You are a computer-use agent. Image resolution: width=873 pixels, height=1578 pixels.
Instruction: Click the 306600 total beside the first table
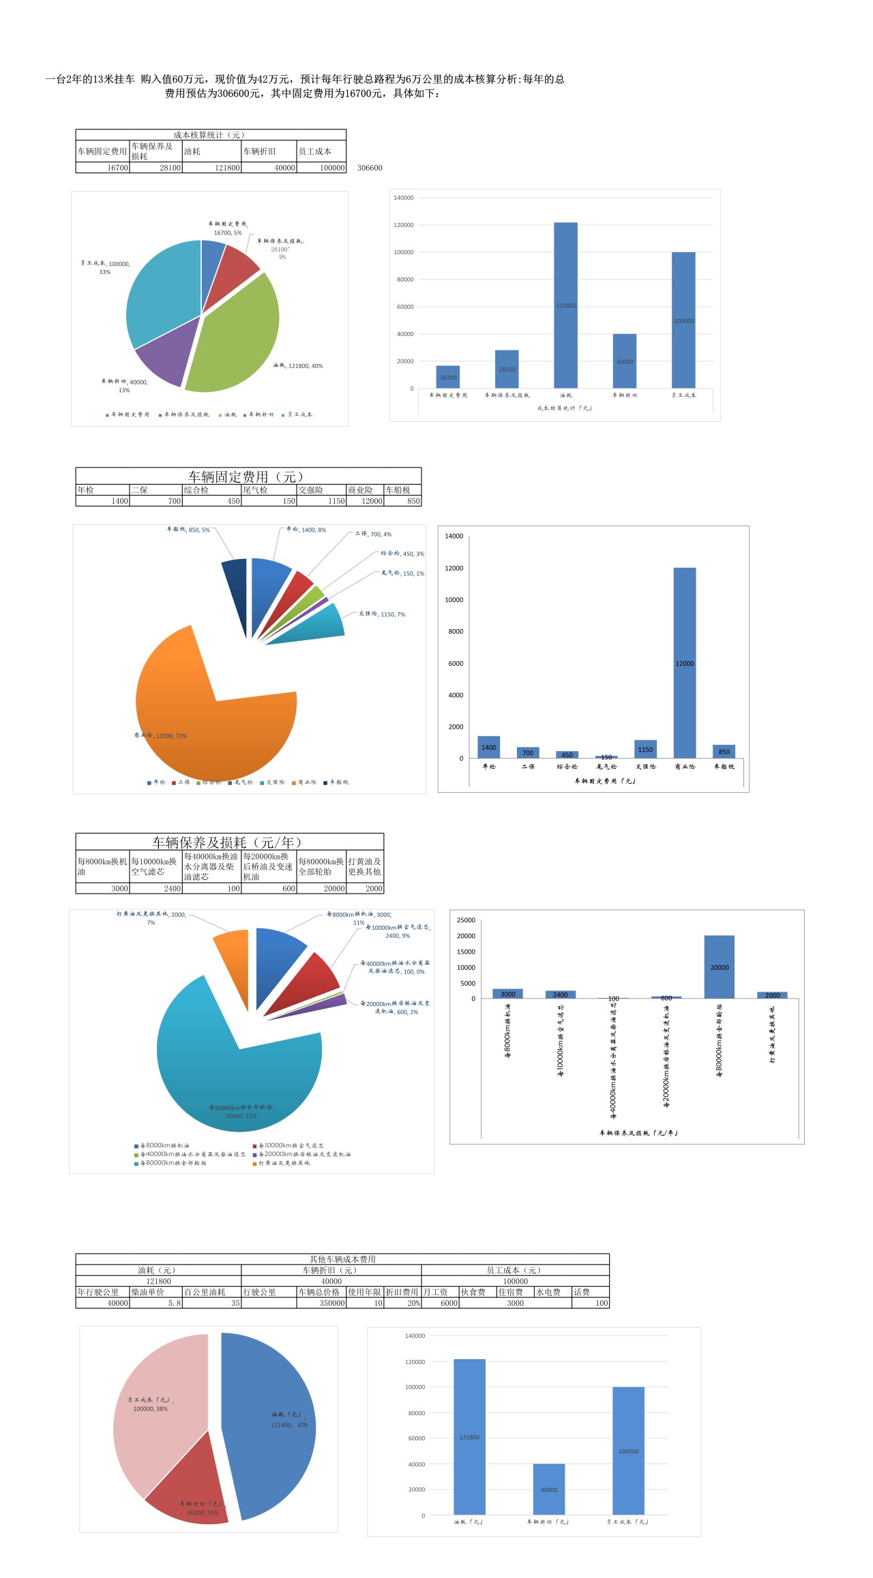[x=370, y=168]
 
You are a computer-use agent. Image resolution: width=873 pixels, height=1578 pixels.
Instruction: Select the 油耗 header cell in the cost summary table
[x=211, y=151]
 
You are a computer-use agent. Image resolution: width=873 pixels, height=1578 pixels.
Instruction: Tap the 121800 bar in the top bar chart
[x=565, y=305]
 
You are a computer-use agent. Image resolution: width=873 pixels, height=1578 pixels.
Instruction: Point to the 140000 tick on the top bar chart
[x=404, y=198]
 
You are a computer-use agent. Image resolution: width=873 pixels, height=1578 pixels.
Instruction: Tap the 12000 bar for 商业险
[x=685, y=663]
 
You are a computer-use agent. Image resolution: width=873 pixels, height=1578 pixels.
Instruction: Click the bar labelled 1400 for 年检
[x=489, y=747]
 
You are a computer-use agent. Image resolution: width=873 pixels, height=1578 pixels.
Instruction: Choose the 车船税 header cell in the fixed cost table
[x=402, y=490]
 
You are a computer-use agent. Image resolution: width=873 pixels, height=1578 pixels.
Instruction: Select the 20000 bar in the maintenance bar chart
[x=720, y=967]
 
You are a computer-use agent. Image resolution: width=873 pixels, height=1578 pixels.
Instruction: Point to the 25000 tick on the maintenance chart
[x=467, y=920]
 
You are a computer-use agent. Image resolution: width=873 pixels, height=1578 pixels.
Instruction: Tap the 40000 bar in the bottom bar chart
[x=549, y=1489]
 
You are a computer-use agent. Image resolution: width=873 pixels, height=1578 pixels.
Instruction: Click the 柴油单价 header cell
[x=156, y=1292]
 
